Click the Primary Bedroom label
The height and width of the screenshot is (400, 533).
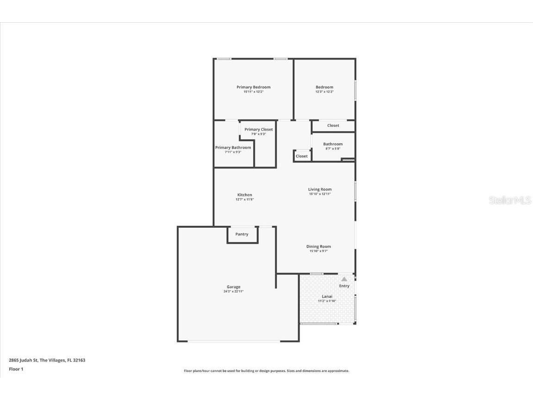coord(253,87)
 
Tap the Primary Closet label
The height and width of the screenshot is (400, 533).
coord(259,130)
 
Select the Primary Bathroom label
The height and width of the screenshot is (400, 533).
coord(233,148)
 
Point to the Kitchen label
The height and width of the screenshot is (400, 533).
coord(245,195)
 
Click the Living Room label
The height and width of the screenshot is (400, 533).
coord(320,189)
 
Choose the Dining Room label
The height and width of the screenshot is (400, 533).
coord(318,247)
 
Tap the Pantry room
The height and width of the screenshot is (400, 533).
coord(242,235)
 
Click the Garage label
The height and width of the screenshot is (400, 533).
coord(233,287)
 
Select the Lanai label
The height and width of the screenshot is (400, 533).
coord(327,296)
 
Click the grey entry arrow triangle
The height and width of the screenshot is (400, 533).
coord(344,279)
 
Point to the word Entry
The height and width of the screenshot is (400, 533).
coord(344,286)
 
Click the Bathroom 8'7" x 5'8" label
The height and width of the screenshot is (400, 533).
coord(333,146)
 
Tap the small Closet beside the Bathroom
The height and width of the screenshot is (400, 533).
coord(302,156)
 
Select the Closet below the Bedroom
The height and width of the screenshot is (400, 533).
coord(333,125)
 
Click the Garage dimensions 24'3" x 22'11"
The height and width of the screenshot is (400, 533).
coord(233,292)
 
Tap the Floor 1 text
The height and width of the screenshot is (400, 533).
coord(16,369)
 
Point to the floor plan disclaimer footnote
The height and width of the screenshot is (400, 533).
coord(266,371)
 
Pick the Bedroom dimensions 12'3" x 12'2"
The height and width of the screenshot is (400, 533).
coord(324,92)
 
